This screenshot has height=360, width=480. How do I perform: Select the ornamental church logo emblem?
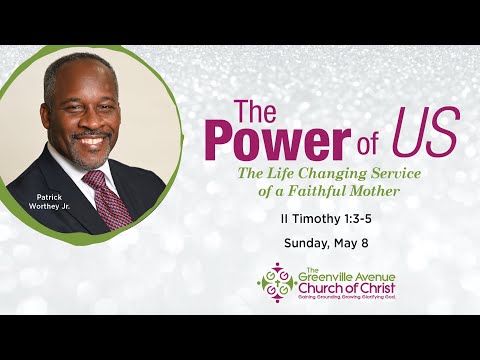point(275,282)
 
